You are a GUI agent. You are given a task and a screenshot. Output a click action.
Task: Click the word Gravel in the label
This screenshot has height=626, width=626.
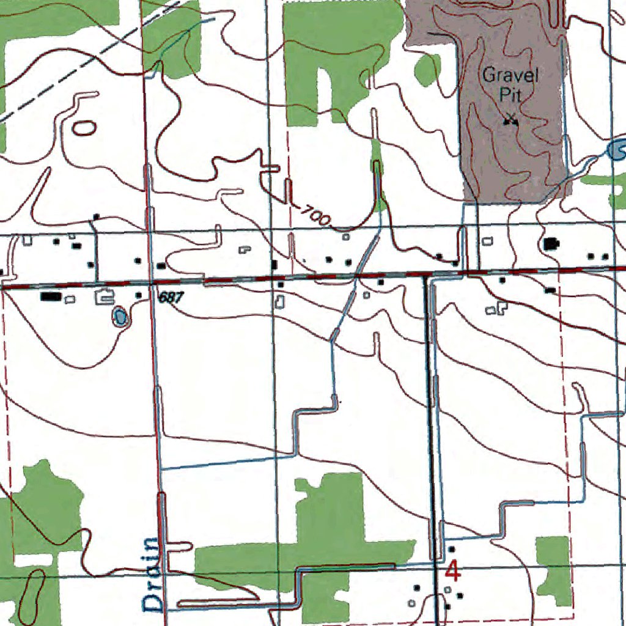point(510,76)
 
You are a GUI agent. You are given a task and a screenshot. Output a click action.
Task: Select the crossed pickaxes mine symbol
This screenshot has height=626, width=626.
point(510,120)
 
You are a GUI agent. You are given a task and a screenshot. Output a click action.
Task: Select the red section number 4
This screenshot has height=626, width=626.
point(453,571)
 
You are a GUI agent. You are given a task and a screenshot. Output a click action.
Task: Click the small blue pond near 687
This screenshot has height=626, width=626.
point(120,316)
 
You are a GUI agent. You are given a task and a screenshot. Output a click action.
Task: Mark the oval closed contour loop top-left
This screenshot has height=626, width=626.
point(84,128)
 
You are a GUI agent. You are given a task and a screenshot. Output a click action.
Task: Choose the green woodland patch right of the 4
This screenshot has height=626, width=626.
point(554,569)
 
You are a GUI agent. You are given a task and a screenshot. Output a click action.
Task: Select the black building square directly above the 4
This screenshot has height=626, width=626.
point(452,549)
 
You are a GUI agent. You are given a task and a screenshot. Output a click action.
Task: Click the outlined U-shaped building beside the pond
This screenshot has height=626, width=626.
point(104,298)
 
